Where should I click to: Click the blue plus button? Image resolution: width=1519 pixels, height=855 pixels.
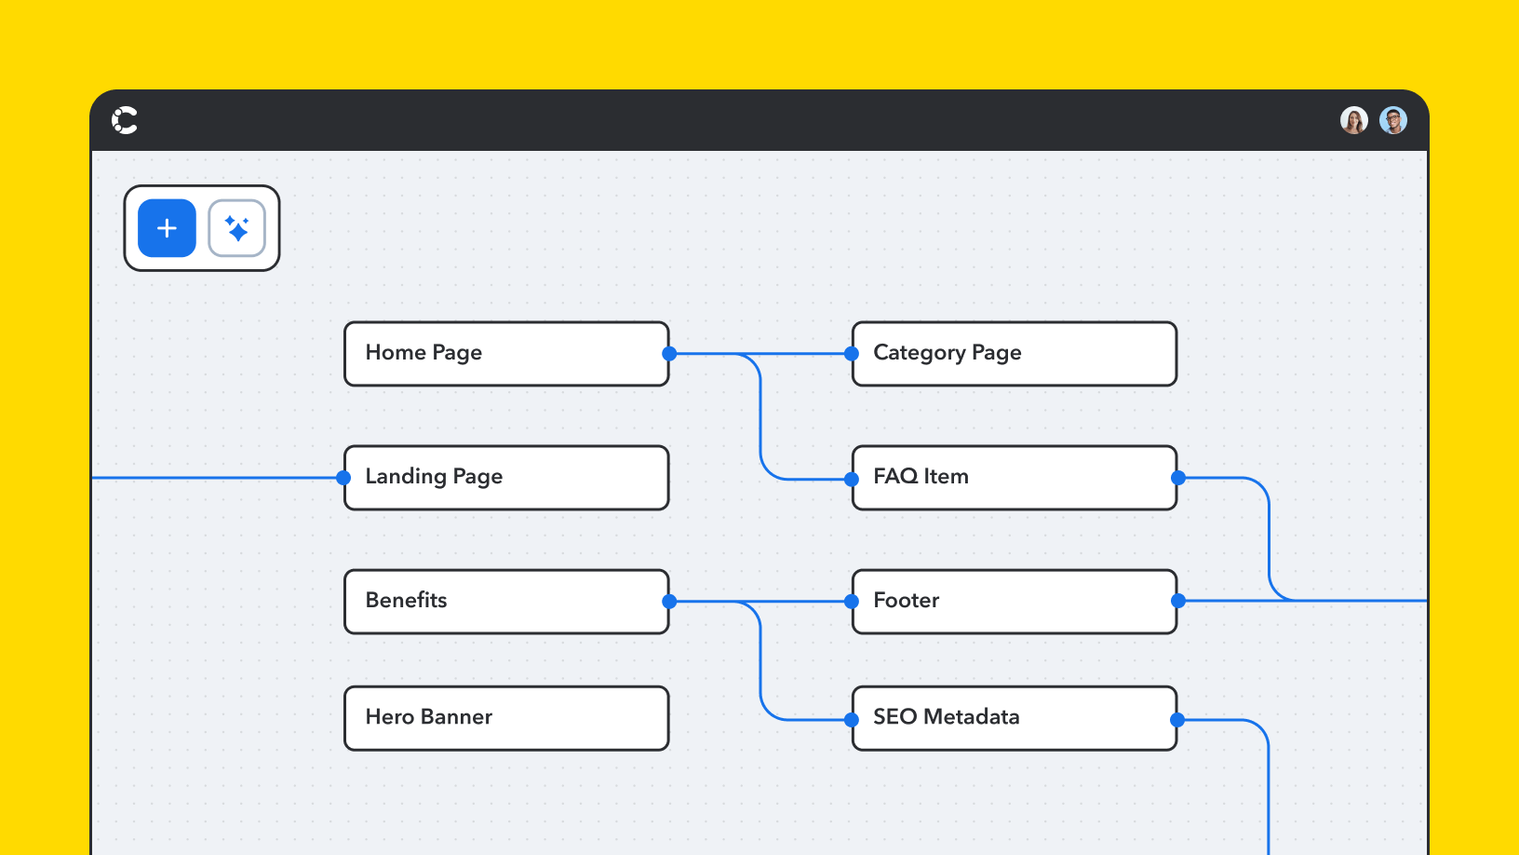tap(167, 228)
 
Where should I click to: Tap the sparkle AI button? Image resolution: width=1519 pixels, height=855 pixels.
tap(236, 228)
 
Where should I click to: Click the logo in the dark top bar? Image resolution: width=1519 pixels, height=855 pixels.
tap(125, 120)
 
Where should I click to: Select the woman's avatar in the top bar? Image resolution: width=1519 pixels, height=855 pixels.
tap(1353, 120)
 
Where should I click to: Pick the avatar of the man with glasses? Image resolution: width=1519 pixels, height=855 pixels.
tap(1392, 120)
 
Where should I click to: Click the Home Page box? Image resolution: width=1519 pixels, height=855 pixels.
tap(506, 354)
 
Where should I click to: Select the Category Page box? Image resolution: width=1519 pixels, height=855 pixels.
tap(1015, 354)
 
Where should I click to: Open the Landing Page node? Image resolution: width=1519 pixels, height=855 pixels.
tap(506, 478)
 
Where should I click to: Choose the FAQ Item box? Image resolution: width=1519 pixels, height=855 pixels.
tap(1015, 478)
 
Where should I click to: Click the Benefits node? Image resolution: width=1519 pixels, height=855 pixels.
tap(506, 602)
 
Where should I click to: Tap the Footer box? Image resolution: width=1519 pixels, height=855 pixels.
tap(1015, 602)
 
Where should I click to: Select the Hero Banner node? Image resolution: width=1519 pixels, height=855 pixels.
tap(506, 718)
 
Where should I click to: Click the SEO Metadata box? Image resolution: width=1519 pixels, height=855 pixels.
tap(1015, 718)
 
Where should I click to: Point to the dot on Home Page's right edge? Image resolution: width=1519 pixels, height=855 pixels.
tap(669, 354)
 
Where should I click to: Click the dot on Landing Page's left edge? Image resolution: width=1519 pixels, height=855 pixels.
tap(343, 478)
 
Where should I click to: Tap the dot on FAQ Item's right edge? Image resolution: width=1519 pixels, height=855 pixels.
tap(1178, 478)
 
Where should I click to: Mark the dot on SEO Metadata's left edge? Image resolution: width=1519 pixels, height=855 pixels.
tap(851, 720)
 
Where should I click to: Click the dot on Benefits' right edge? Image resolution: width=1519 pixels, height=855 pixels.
tap(669, 602)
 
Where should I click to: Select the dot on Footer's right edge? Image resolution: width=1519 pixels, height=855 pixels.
tap(1178, 602)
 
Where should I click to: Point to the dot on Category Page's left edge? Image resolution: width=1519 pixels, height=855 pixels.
tap(851, 354)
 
